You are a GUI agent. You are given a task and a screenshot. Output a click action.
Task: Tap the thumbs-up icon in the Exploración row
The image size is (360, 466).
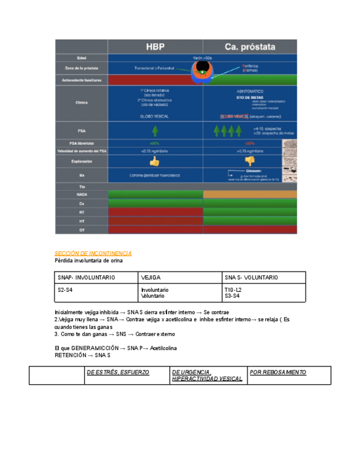point(154,162)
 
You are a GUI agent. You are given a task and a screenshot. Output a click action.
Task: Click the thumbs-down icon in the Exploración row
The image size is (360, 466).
point(250,161)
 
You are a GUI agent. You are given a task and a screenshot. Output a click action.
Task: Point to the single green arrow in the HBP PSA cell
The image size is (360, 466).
point(155,131)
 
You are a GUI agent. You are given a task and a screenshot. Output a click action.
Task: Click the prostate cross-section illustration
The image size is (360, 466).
point(203,70)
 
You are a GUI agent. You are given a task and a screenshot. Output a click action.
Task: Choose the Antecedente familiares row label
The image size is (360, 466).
point(81,80)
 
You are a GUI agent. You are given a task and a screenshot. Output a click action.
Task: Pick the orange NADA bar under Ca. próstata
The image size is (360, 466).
point(250,195)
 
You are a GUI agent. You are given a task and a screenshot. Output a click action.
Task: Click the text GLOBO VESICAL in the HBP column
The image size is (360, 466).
point(155,116)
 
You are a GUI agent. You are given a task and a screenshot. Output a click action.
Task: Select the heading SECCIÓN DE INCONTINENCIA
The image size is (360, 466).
point(93,253)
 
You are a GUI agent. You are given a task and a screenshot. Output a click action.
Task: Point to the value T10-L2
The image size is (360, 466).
point(232,290)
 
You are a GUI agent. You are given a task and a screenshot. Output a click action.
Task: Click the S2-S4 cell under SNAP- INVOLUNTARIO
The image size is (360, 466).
point(65,290)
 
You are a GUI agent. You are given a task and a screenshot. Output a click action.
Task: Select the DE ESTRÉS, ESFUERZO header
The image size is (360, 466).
point(118,373)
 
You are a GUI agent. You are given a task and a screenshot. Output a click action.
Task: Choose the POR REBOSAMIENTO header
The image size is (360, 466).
point(278,373)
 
